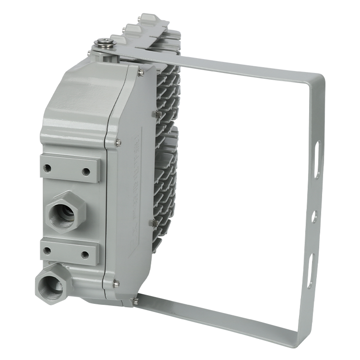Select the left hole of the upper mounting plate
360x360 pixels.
click(x=48, y=168)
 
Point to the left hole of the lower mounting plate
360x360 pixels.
click(x=47, y=250)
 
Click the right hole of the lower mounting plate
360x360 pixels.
click(x=85, y=254)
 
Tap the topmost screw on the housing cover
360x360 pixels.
click(x=141, y=72)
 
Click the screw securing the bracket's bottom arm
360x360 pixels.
click(x=135, y=301)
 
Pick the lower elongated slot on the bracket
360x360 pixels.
click(x=311, y=272)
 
